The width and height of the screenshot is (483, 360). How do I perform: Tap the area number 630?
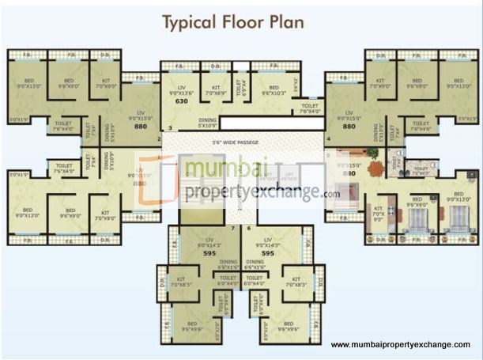tap(181, 101)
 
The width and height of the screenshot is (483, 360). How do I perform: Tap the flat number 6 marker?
tap(249, 228)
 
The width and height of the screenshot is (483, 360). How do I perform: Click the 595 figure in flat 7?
tap(209, 254)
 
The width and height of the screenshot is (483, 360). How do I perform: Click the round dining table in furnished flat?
tap(373, 168)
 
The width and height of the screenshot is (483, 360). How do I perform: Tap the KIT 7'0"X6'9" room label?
tap(215, 90)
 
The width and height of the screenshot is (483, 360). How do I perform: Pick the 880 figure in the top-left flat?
tap(141, 126)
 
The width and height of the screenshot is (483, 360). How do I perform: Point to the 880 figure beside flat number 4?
tap(348, 126)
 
